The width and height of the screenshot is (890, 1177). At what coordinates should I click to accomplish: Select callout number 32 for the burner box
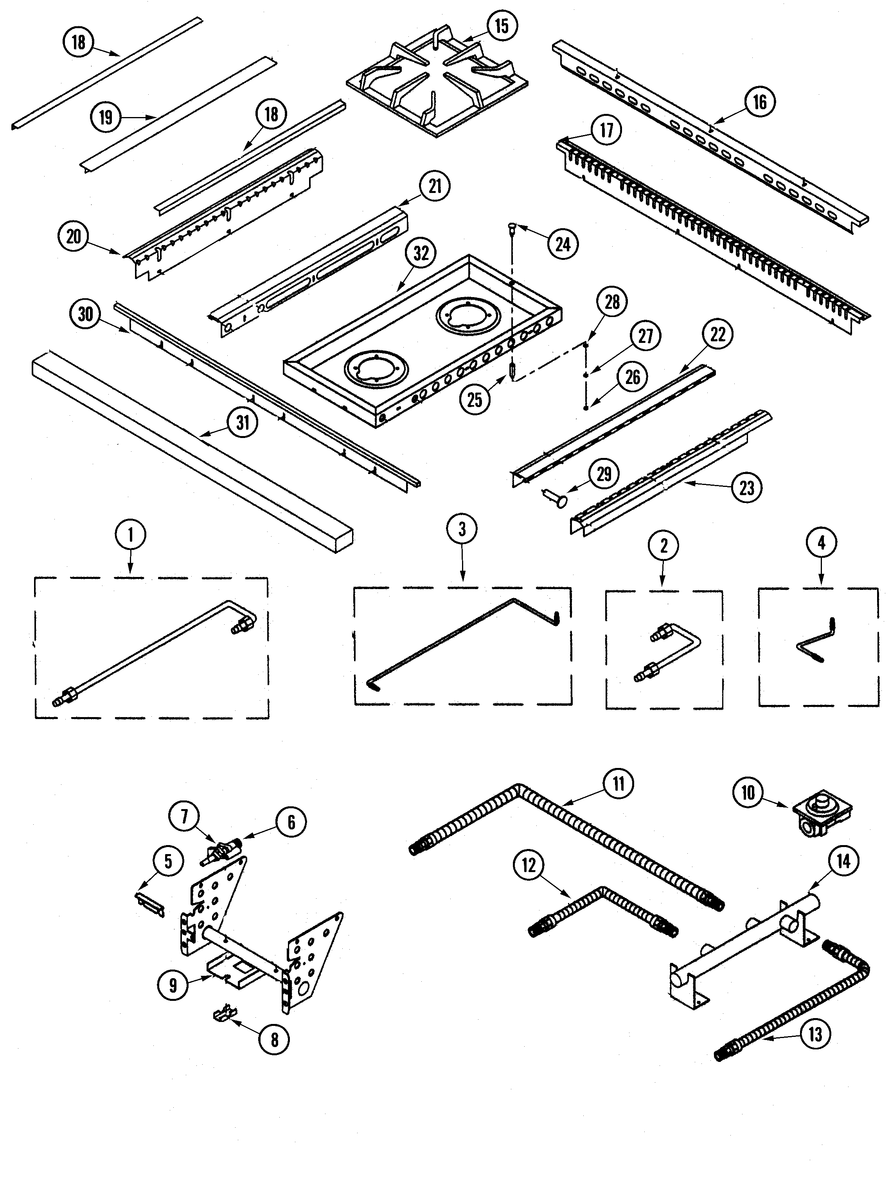click(421, 254)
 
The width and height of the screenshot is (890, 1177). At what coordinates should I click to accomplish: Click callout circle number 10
click(748, 793)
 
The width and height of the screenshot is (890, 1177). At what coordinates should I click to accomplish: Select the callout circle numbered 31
click(243, 423)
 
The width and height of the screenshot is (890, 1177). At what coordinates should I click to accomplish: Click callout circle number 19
click(106, 117)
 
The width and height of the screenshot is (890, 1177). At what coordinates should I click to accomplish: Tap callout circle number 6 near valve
click(291, 823)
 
